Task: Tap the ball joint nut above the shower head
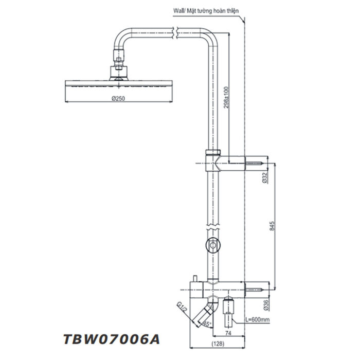pyautogui.click(x=118, y=67)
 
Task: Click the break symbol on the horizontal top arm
pyautogui.click(x=176, y=33)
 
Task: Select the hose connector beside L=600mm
pyautogui.click(x=230, y=312)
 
